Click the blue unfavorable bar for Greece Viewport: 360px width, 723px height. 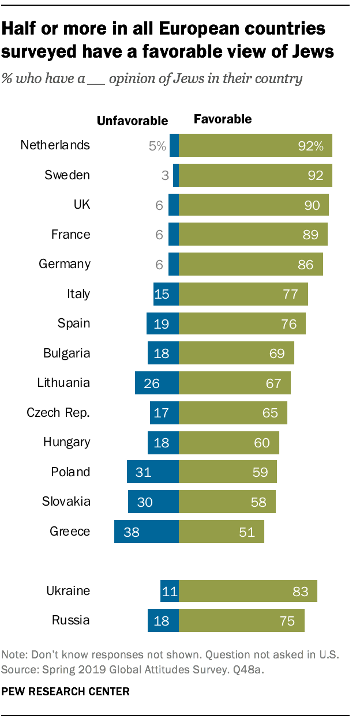[147, 532]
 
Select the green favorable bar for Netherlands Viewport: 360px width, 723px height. [255, 145]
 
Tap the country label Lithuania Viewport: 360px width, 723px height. [63, 382]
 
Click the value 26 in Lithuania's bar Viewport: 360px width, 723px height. [151, 383]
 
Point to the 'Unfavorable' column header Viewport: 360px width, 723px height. [132, 120]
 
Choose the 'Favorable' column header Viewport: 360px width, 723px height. [222, 119]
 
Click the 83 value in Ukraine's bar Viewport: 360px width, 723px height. [300, 591]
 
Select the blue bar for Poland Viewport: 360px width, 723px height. [153, 472]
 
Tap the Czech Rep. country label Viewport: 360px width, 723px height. [58, 412]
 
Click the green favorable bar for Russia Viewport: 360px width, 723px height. [241, 621]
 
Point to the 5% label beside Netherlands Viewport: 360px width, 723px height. [157, 146]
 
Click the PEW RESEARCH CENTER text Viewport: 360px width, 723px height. [66, 691]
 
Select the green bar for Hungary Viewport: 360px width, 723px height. [228, 442]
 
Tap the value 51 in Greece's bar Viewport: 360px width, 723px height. [247, 532]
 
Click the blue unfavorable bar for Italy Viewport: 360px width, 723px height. [166, 294]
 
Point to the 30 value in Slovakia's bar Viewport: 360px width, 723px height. [145, 502]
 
